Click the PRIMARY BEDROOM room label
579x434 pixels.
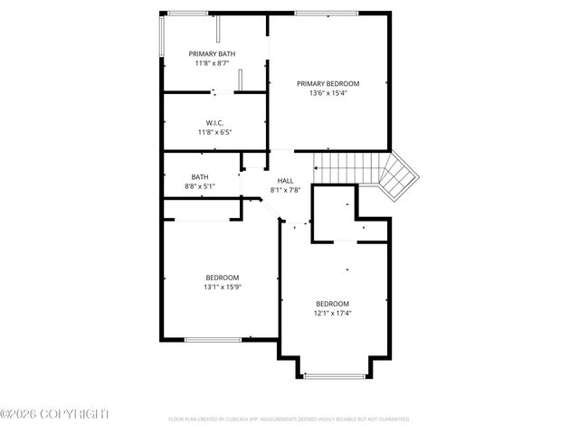click(328, 83)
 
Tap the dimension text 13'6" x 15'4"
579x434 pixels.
click(328, 93)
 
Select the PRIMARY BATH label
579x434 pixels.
click(213, 54)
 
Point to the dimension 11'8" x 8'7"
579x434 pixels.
click(213, 64)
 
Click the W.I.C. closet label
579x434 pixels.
click(214, 123)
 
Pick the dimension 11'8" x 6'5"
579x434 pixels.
click(214, 133)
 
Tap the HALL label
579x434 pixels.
click(285, 181)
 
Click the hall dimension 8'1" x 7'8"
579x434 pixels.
click(285, 190)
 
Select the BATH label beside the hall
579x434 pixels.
click(200, 177)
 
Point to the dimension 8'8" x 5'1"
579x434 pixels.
click(200, 187)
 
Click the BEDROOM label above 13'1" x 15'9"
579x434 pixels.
click(222, 278)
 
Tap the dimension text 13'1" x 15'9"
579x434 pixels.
click(222, 288)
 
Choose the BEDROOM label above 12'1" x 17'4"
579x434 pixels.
click(332, 304)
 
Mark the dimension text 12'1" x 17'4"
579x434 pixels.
click(332, 314)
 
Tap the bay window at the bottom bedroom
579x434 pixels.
click(334, 375)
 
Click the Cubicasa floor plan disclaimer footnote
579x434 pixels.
click(289, 420)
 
